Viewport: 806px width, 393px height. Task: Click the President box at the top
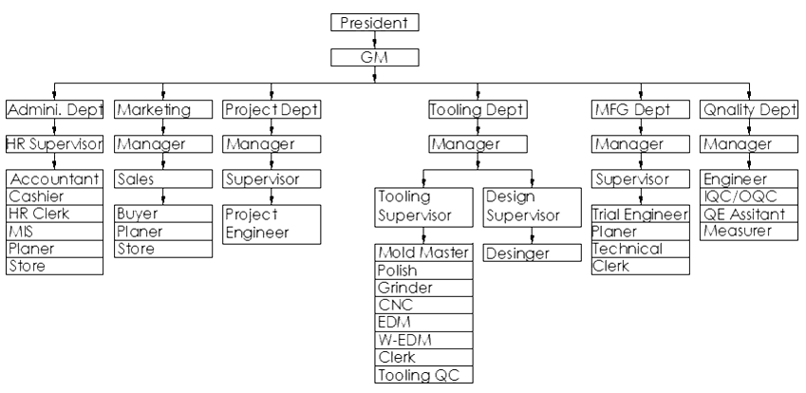pyautogui.click(x=375, y=23)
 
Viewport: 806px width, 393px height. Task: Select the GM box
pyautogui.click(x=375, y=58)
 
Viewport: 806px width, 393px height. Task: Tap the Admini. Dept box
pyautogui.click(x=53, y=110)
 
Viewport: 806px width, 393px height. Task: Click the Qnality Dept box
pyautogui.click(x=747, y=110)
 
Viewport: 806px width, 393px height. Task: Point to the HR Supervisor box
pyautogui.click(x=53, y=144)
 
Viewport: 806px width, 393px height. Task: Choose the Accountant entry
pyautogui.click(x=53, y=178)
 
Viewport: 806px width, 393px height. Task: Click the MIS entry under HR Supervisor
pyautogui.click(x=53, y=232)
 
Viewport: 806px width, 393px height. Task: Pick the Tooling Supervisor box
pyautogui.click(x=421, y=205)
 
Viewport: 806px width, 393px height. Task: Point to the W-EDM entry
pyautogui.click(x=422, y=340)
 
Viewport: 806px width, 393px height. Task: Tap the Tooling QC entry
pyautogui.click(x=422, y=375)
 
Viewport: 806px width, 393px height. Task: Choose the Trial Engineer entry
pyautogui.click(x=638, y=215)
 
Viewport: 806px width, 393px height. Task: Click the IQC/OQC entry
pyautogui.click(x=747, y=196)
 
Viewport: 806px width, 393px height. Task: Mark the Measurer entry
pyautogui.click(x=747, y=232)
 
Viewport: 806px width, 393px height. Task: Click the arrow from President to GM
pyautogui.click(x=375, y=40)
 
